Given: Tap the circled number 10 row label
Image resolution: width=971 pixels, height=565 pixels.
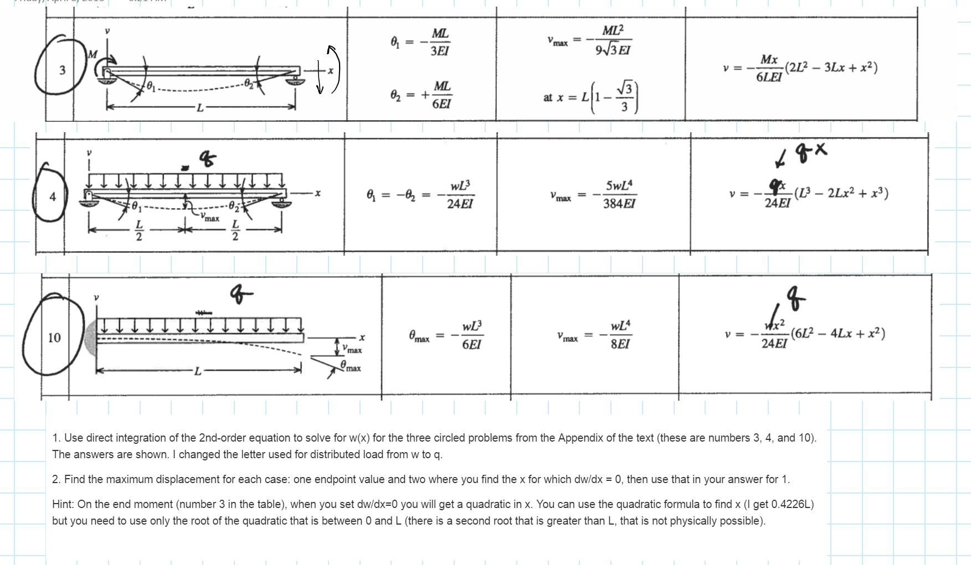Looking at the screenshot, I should pos(54,338).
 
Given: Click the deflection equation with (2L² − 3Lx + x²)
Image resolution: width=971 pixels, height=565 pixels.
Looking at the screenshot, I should pos(800,68).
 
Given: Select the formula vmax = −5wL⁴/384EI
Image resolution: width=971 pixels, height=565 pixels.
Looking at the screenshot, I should pos(593,195).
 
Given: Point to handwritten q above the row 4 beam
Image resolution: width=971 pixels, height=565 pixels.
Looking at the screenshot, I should pos(207,159).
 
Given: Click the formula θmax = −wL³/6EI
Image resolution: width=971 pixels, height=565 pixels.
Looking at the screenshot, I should pos(445,335).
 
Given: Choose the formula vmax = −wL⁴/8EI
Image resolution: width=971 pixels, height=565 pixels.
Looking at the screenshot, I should pos(594,335).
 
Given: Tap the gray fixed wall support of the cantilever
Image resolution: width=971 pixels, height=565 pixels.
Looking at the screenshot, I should pos(91,338).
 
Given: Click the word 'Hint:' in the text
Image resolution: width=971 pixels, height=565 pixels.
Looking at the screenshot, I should pos(63,504).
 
